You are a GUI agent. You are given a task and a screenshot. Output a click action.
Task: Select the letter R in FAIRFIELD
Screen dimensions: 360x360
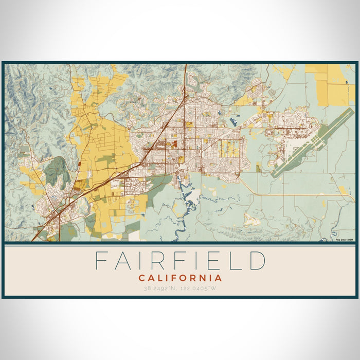161,261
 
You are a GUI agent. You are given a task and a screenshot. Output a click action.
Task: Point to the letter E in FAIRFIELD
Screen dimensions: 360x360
217,261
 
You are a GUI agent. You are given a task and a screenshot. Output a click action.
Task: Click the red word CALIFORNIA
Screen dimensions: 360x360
180,278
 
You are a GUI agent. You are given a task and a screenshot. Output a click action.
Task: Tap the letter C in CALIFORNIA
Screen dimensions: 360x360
141,278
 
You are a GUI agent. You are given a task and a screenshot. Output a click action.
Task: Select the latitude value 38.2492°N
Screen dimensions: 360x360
160,289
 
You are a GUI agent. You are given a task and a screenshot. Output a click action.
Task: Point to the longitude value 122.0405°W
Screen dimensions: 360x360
201,289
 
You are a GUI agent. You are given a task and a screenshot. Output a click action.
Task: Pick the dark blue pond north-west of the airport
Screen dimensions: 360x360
234,122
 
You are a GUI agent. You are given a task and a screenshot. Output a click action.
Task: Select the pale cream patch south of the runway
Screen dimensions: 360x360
252,220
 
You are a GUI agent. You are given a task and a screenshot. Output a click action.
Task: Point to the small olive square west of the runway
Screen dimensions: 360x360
258,168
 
